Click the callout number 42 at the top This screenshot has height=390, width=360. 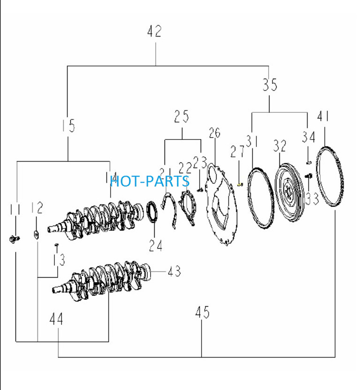(154, 31)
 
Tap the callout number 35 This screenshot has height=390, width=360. (270, 85)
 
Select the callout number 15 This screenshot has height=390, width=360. (68, 125)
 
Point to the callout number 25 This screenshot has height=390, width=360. (181, 116)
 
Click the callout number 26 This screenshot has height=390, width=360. (214, 133)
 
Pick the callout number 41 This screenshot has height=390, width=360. (323, 116)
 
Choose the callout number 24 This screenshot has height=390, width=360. (156, 245)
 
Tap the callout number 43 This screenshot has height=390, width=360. (174, 272)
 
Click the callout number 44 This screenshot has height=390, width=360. (56, 319)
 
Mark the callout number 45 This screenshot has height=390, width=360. (202, 312)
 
